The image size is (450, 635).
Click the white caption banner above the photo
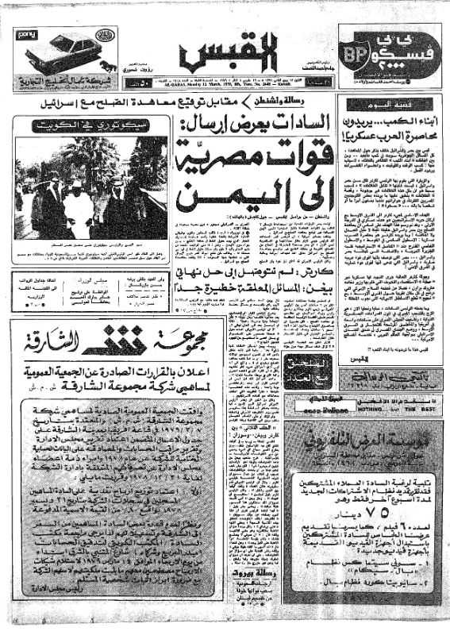point(92,126)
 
